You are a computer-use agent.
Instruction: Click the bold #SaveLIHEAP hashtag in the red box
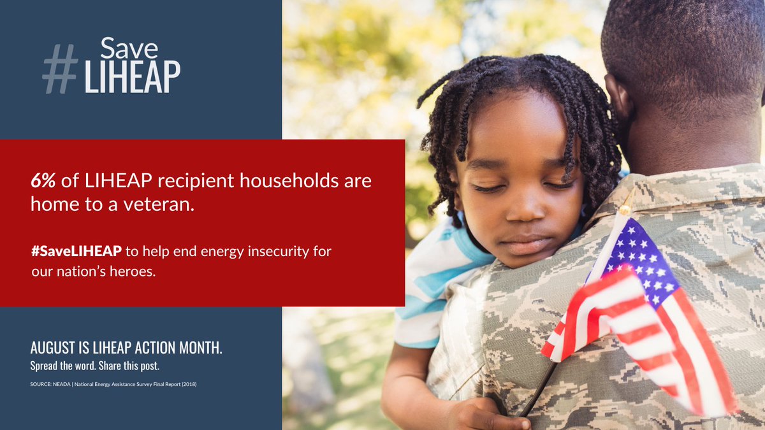(76, 251)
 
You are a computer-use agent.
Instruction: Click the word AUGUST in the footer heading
(51, 348)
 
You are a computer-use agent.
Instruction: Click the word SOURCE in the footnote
(40, 384)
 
